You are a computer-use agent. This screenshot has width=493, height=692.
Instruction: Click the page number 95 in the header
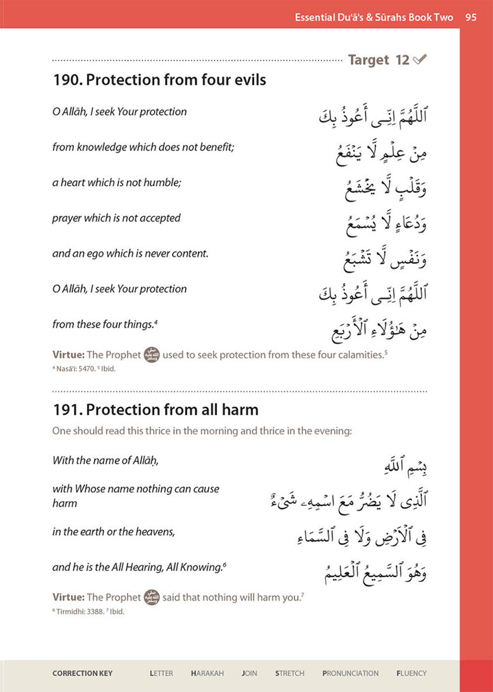click(x=470, y=17)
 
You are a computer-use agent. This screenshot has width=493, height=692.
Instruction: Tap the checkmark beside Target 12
click(x=420, y=60)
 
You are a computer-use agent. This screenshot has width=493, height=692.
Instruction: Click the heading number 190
click(x=65, y=80)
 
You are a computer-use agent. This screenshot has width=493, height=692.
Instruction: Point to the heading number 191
click(x=65, y=410)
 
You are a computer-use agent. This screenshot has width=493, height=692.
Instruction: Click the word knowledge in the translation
click(x=101, y=147)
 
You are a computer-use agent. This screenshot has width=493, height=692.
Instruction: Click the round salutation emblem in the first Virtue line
click(x=151, y=356)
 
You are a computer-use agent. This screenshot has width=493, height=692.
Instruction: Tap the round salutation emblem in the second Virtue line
click(x=151, y=598)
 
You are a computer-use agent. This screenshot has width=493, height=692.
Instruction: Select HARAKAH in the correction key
click(x=207, y=674)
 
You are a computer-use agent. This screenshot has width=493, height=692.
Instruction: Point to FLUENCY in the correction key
click(x=411, y=674)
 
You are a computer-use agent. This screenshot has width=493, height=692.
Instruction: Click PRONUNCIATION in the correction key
click(x=351, y=674)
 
